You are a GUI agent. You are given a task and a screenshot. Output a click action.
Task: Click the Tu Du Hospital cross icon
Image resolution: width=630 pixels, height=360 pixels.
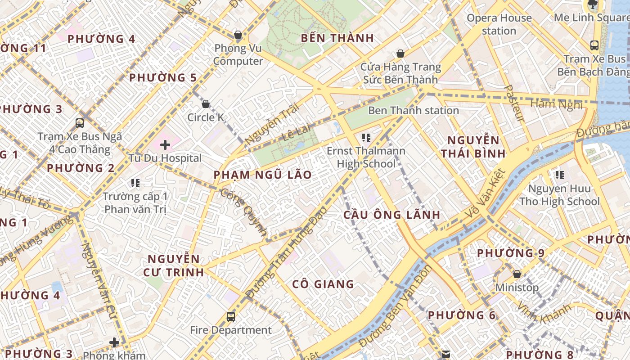point(165,145)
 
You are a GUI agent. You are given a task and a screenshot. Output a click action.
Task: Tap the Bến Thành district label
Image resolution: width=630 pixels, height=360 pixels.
point(337,38)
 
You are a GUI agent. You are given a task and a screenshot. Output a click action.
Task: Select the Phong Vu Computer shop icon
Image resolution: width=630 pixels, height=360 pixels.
point(238,35)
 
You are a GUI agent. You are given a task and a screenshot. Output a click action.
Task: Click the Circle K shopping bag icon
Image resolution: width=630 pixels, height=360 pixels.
point(206,104)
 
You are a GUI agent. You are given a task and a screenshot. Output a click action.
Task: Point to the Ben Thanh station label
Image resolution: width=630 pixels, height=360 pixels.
point(413,110)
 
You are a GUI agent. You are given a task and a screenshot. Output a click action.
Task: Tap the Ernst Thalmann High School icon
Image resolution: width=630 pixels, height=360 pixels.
point(366,137)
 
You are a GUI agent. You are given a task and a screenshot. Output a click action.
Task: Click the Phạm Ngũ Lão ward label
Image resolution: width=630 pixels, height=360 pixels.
point(262,175)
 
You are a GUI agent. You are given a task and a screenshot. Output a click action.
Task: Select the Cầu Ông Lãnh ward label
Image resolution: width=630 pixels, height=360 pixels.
point(392,215)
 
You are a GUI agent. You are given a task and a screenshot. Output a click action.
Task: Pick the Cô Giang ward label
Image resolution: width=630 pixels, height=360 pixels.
point(323,284)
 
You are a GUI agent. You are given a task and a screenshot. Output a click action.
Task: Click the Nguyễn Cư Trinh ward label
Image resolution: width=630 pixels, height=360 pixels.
point(174,265)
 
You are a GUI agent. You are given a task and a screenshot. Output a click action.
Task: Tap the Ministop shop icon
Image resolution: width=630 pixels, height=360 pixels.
point(517,274)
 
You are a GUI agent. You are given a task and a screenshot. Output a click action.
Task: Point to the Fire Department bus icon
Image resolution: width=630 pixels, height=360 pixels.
point(231,317)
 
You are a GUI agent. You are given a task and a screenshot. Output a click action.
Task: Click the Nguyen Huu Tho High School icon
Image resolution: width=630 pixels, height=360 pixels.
point(559,175)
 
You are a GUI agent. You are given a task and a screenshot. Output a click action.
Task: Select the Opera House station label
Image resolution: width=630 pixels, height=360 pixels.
point(499,24)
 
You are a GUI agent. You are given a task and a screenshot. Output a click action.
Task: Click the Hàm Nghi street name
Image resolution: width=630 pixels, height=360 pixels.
point(556,104)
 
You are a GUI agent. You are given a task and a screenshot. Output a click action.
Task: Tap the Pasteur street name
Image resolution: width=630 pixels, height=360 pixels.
point(514,103)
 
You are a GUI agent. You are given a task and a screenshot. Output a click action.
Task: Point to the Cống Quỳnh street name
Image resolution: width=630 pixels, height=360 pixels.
point(243,212)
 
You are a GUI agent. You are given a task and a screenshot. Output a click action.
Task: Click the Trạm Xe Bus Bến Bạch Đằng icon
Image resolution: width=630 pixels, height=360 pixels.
point(594,45)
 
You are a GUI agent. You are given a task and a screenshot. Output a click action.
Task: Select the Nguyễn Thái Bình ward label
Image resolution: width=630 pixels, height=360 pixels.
point(473,147)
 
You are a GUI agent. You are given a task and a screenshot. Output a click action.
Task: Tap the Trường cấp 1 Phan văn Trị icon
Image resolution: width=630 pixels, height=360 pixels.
point(135,183)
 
